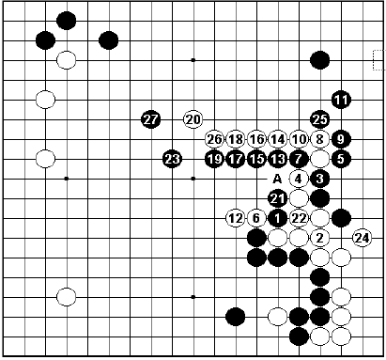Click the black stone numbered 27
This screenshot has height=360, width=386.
pyautogui.click(x=150, y=119)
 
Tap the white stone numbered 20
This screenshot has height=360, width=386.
pyautogui.click(x=193, y=119)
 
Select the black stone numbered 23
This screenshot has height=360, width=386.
pyautogui.click(x=172, y=158)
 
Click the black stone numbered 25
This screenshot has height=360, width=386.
pyautogui.click(x=320, y=119)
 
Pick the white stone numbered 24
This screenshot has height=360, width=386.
pyautogui.click(x=362, y=237)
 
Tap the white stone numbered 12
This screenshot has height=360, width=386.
pyautogui.click(x=235, y=218)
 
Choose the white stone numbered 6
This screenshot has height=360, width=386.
pyautogui.click(x=256, y=218)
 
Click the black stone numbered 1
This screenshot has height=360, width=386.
pyautogui.click(x=278, y=218)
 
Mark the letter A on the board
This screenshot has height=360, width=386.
pyautogui.click(x=278, y=179)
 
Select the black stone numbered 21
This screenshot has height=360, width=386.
pyautogui.click(x=278, y=198)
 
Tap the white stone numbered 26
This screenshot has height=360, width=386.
pyautogui.click(x=214, y=139)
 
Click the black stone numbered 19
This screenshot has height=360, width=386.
pyautogui.click(x=214, y=158)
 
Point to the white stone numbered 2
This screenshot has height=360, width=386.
pyautogui.click(x=320, y=237)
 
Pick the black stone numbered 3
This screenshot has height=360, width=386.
pyautogui.click(x=320, y=179)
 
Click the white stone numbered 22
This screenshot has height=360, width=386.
pyautogui.click(x=299, y=218)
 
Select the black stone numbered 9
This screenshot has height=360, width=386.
pyautogui.click(x=341, y=139)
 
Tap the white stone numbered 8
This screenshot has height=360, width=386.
pyautogui.click(x=320, y=139)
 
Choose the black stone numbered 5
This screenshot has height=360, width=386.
pyautogui.click(x=341, y=158)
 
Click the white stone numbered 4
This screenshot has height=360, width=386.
pyautogui.click(x=299, y=179)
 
